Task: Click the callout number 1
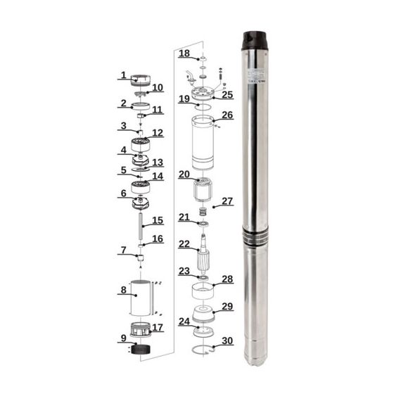[x=123, y=75]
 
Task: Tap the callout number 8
[x=123, y=289]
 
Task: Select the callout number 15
[x=158, y=221]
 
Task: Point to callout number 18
[x=184, y=53]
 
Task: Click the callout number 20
[x=184, y=174]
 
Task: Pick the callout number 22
[x=184, y=244]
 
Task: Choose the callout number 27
[x=227, y=201]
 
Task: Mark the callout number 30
[x=227, y=341]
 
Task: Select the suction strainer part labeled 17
[x=143, y=329]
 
